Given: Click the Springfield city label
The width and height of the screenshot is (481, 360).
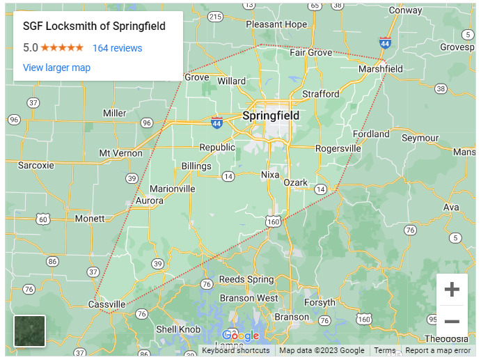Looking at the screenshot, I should pos(270,116).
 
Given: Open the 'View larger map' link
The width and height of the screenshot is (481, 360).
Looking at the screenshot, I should pos(56,68).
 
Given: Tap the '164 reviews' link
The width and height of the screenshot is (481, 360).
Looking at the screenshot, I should pos(117,48).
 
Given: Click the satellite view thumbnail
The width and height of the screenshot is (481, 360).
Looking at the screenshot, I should pos(29,331).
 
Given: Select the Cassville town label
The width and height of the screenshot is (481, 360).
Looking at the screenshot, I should pos(107,304).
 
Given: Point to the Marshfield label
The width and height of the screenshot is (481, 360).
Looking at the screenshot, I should pos(380,69).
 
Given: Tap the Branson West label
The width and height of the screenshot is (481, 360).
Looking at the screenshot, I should pos(249,298).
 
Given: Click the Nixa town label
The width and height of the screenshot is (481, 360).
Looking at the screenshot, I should pos(271,174).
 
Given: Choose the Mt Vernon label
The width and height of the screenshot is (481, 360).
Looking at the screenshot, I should pos(120,153).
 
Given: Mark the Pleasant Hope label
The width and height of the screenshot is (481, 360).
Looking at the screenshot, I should pos(276,24).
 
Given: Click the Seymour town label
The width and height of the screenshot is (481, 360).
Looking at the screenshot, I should pos(420,138).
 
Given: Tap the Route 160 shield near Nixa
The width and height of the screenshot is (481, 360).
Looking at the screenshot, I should pos(273,221).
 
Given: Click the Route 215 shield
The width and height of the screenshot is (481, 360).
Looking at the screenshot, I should pos(215,17).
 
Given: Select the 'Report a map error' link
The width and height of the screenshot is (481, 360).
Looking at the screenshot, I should pos(438,351).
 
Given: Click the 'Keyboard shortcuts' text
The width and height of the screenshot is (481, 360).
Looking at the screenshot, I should pos(235,351).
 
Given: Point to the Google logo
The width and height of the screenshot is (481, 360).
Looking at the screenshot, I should pos(240,336).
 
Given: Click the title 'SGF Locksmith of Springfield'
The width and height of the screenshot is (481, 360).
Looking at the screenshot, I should pos(94,27).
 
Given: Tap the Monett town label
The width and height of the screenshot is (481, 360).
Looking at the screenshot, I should pos(89,218).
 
